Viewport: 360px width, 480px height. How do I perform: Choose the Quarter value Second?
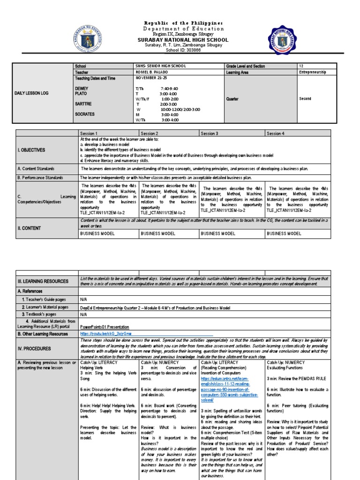[305, 99]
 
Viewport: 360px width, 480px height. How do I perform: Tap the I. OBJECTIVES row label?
[31, 150]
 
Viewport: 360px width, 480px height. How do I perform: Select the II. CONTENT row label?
[29, 228]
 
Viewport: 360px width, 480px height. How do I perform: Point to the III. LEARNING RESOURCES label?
[43, 281]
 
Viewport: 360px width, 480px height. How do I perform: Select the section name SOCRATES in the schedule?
[84, 114]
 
